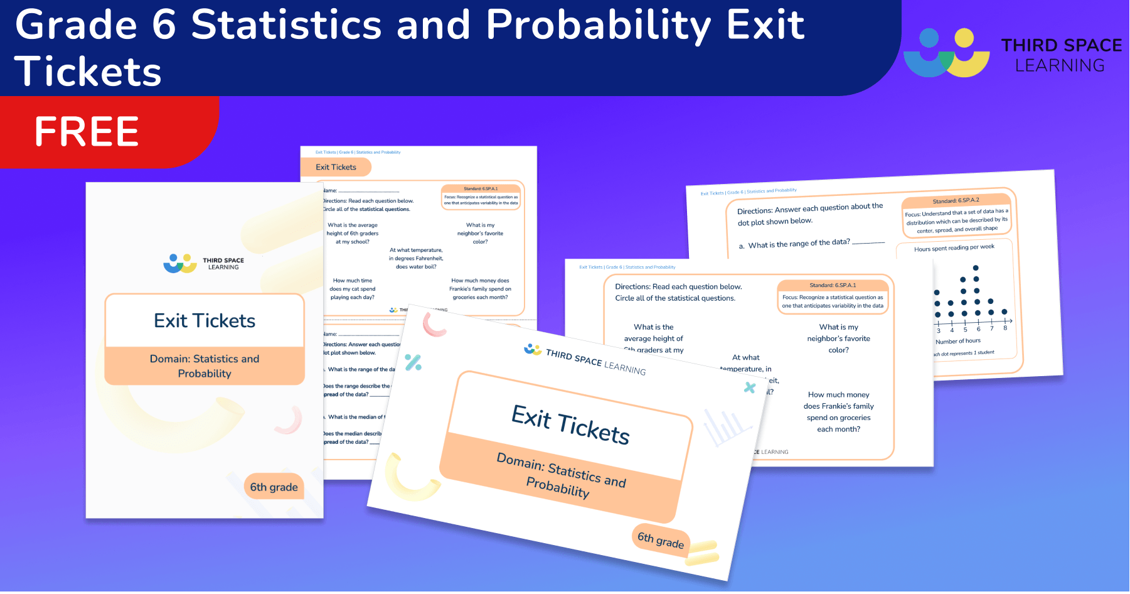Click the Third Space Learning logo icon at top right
(x=946, y=53)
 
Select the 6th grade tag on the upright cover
(x=274, y=487)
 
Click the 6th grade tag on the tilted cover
(x=660, y=539)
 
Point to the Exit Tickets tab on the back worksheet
(x=336, y=167)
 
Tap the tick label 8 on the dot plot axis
(x=1005, y=328)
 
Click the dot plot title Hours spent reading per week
(x=954, y=248)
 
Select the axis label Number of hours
(x=957, y=341)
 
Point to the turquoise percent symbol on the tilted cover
(x=413, y=362)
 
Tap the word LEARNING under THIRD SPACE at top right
(x=1060, y=65)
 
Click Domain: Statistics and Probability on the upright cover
(x=205, y=366)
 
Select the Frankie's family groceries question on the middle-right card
(x=838, y=412)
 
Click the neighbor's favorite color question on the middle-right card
(x=838, y=338)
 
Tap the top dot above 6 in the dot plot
(x=976, y=268)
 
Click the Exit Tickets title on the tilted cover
(x=570, y=425)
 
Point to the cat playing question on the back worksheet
(x=352, y=289)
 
